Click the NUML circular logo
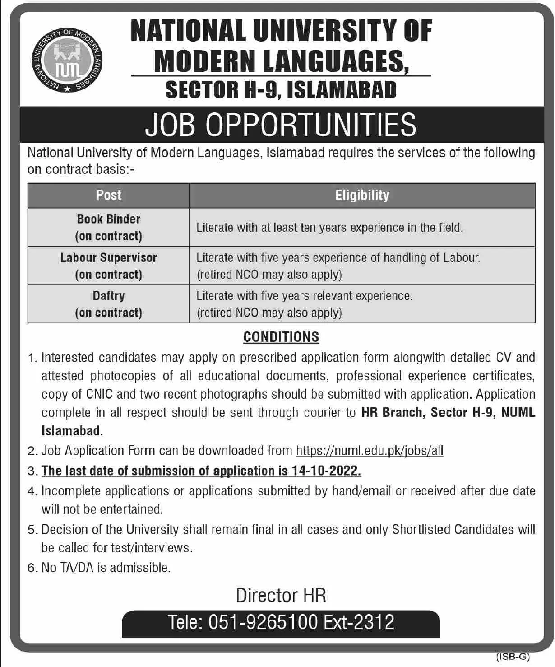pos(68,61)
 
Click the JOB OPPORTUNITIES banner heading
pos(281,125)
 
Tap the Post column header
pos(108,195)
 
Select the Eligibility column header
pos(362,195)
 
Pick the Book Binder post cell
pos(108,227)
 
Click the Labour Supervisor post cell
pos(108,266)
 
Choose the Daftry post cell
pos(108,304)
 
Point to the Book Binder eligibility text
pos(329,228)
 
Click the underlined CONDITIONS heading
pos(281,337)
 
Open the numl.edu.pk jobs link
pos(370,451)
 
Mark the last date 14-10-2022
pos(326,471)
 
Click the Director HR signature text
pos(281,595)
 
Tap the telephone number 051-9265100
pos(263,622)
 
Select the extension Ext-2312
pos(359,622)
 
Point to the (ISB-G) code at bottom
pos(513,657)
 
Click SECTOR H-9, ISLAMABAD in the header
pos(281,89)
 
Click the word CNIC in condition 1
pos(99,394)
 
